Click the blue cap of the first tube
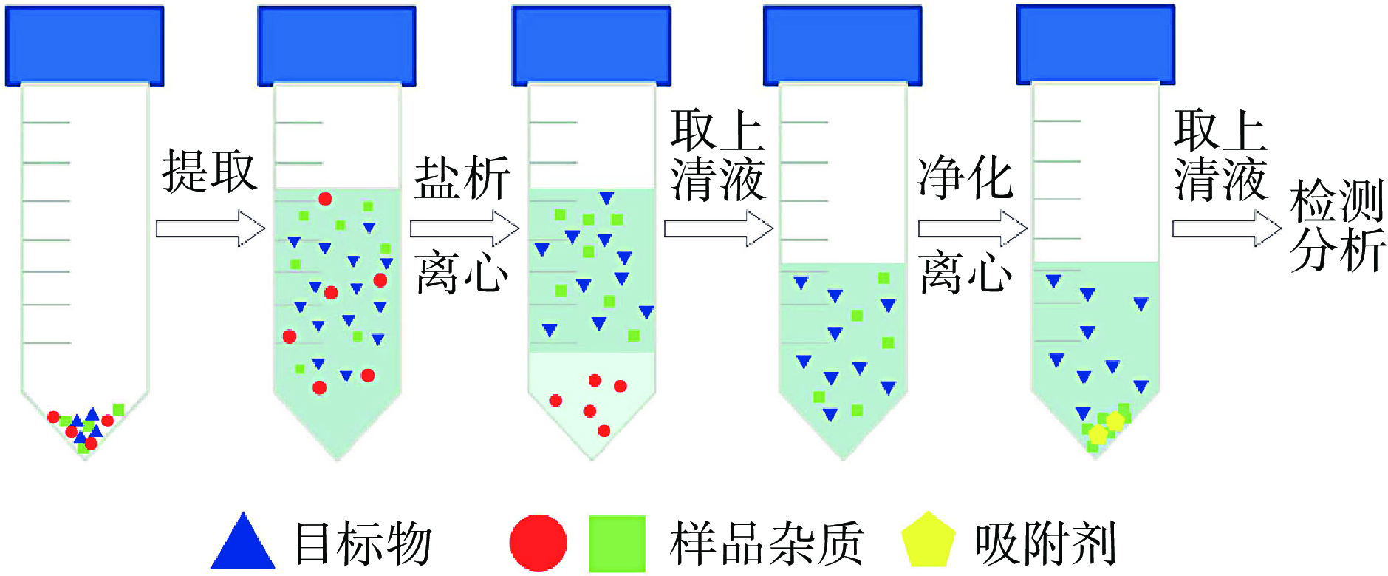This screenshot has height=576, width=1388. point(84,46)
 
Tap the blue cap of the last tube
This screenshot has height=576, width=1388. point(1095,44)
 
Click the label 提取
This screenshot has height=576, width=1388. point(209,172)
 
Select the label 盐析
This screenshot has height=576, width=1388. point(462,178)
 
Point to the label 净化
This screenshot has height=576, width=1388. point(965,178)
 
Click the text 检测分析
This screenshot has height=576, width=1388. point(1336,226)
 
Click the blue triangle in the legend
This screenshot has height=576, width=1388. point(243,543)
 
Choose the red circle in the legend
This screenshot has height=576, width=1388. point(539,543)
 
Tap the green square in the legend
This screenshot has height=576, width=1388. point(617,543)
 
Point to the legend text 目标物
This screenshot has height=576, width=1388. point(363,543)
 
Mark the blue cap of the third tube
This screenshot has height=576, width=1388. point(591,46)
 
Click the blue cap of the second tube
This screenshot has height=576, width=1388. point(337,46)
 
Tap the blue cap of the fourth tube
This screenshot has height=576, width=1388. point(842,46)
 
